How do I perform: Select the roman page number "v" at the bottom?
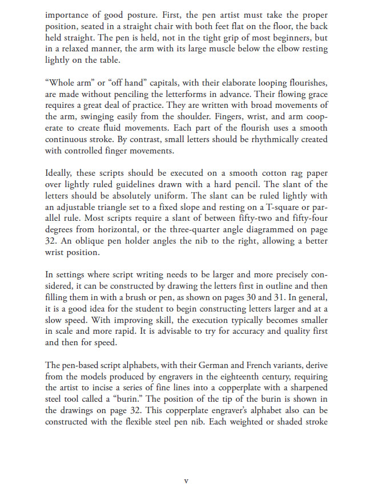coord(186,481)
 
